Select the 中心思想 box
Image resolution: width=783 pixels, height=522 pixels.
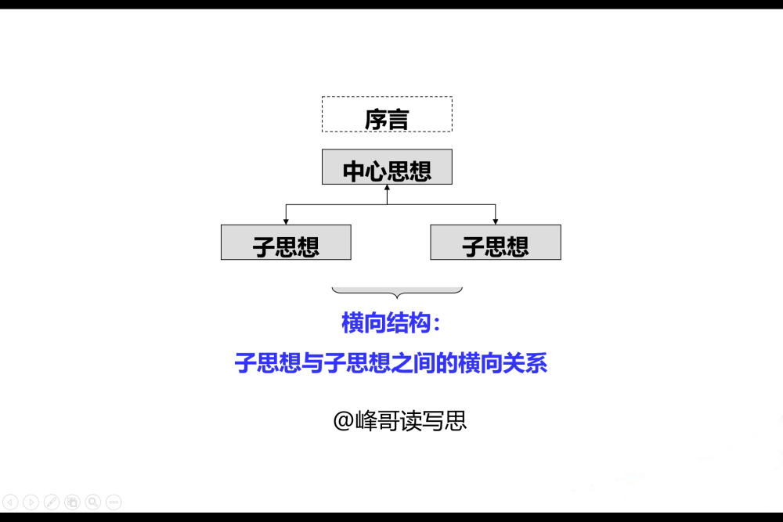click(387, 167)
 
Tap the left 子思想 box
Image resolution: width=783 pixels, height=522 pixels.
click(286, 242)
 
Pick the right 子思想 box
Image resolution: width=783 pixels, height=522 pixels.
click(496, 242)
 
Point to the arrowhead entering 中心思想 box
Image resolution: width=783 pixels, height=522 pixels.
click(387, 188)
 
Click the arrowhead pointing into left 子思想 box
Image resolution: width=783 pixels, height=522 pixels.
click(286, 221)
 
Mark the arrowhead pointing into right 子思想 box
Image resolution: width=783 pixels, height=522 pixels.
click(496, 221)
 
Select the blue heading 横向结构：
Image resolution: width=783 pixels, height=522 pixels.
click(391, 323)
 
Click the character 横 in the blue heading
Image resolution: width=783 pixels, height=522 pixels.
click(352, 323)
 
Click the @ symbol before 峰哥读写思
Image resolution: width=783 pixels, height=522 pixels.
click(344, 421)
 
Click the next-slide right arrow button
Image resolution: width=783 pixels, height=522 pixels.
click(31, 502)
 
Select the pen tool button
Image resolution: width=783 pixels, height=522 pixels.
click(52, 502)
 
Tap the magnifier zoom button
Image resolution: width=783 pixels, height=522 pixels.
click(93, 502)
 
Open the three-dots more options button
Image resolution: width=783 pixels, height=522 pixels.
click(114, 502)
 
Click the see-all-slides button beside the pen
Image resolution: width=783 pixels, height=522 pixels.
click(72, 502)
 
